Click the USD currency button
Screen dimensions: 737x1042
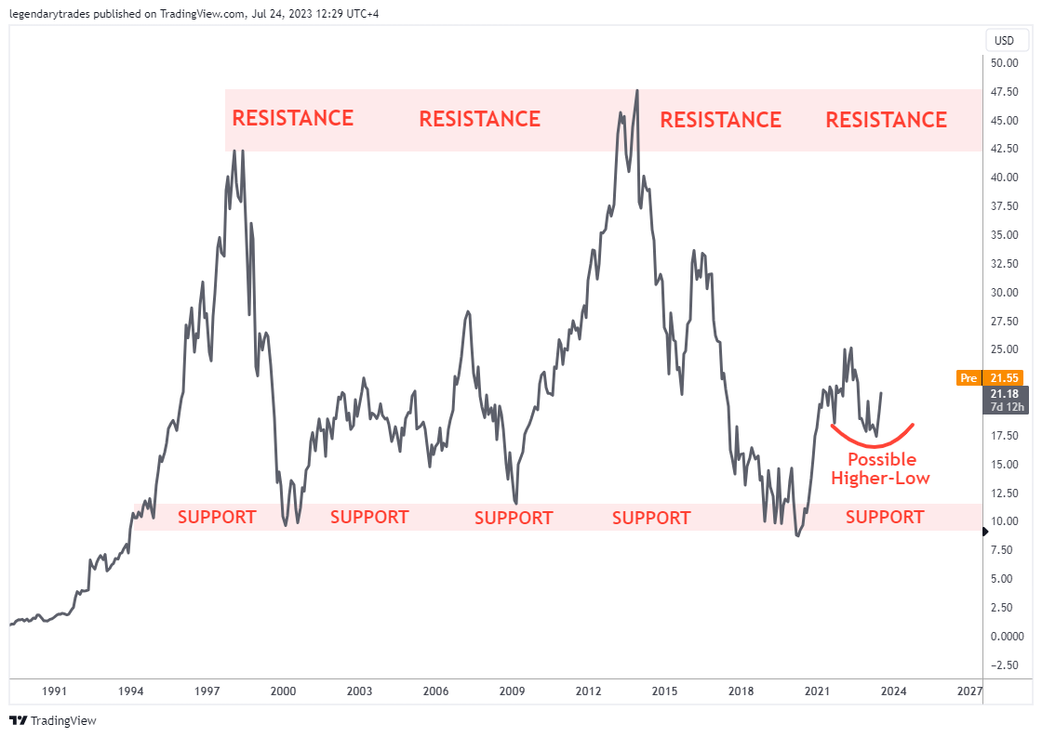pos(1004,40)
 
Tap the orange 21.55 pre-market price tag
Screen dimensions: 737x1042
pos(990,378)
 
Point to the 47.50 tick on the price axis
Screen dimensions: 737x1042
pos(1003,92)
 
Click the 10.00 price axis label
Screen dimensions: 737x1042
pos(1003,521)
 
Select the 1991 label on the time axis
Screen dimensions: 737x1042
pos(55,691)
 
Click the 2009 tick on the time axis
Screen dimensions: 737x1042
pos(512,691)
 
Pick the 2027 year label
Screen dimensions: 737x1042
pos(969,691)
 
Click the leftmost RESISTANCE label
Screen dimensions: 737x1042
pos(292,118)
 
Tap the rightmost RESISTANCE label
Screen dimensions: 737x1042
pos(886,120)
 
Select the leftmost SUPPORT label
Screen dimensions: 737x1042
pos(216,517)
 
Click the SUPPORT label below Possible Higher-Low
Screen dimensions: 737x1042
pos(884,517)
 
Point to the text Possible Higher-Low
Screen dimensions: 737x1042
pos(880,468)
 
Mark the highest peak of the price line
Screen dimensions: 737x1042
pos(636,91)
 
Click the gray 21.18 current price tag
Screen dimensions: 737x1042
pos(1003,399)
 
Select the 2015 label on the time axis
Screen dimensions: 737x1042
pos(664,691)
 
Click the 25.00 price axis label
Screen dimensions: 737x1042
pos(1003,349)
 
